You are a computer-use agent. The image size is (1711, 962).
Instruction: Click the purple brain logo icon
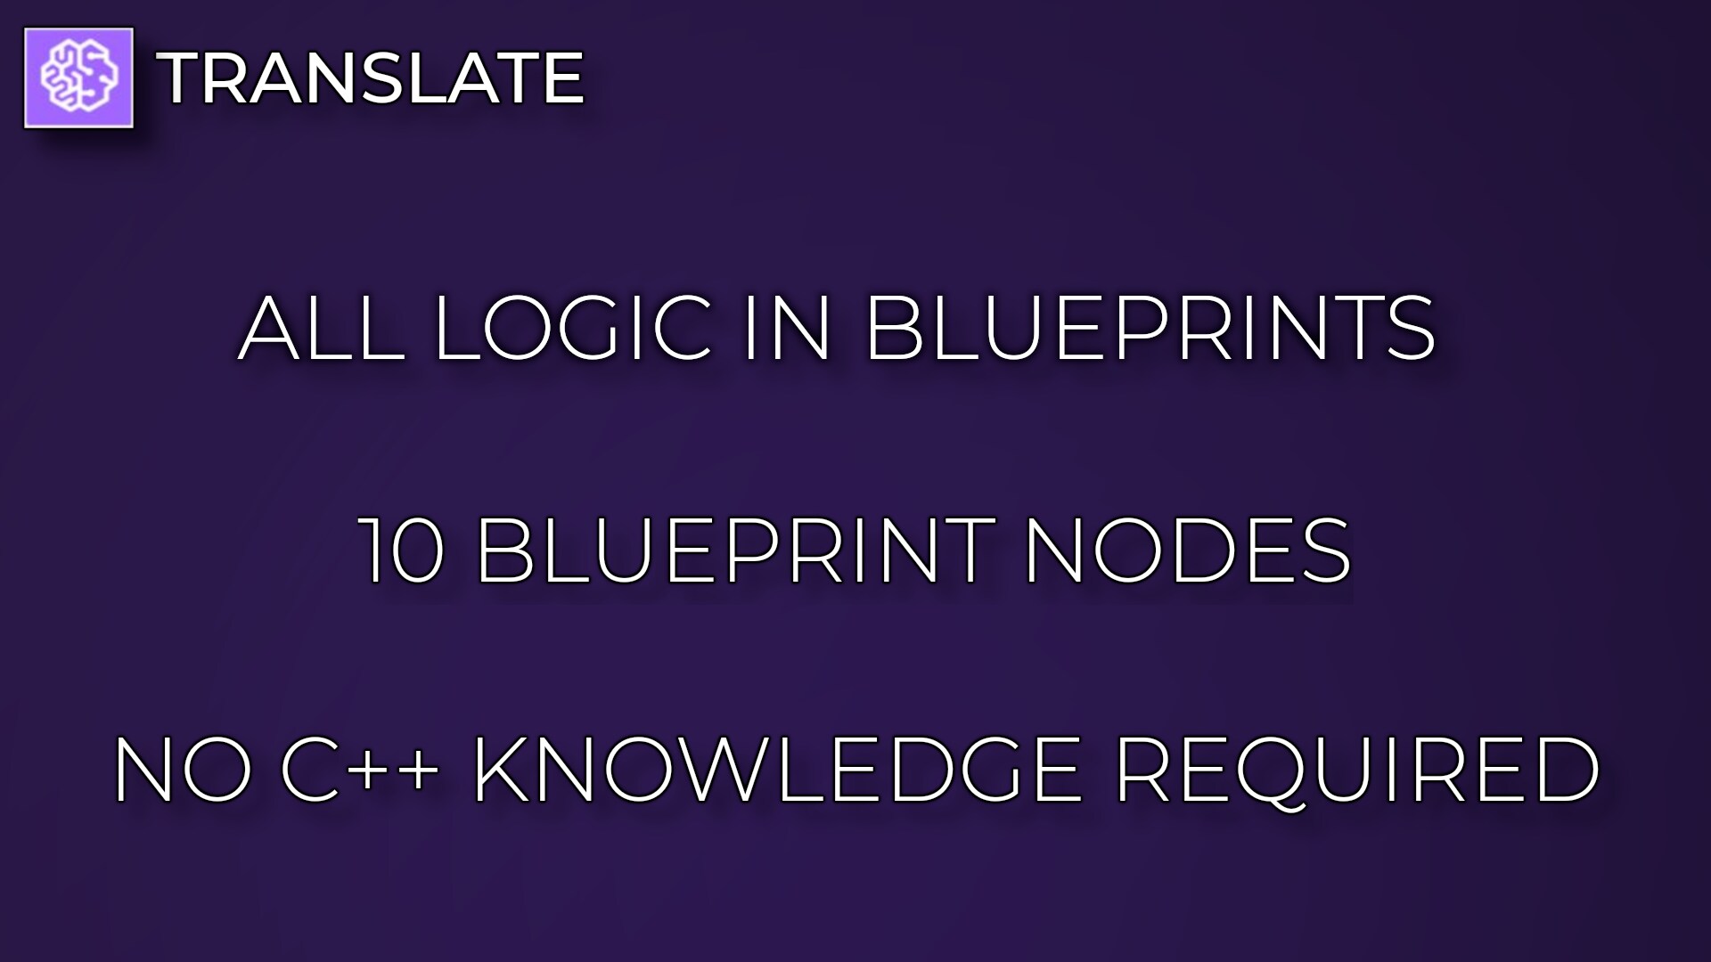click(78, 77)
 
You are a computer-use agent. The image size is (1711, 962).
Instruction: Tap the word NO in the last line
click(183, 770)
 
